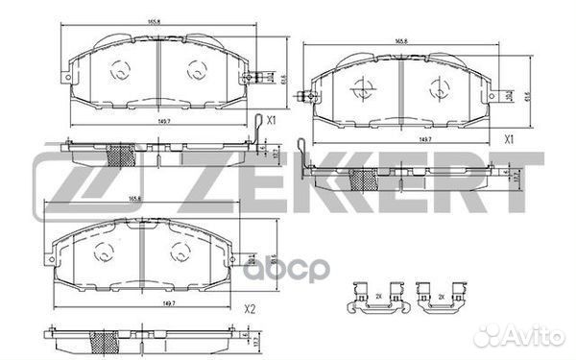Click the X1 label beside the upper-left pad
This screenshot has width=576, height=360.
point(272,121)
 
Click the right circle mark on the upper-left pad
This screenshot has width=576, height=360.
point(195,70)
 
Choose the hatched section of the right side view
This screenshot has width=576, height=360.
point(363,180)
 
